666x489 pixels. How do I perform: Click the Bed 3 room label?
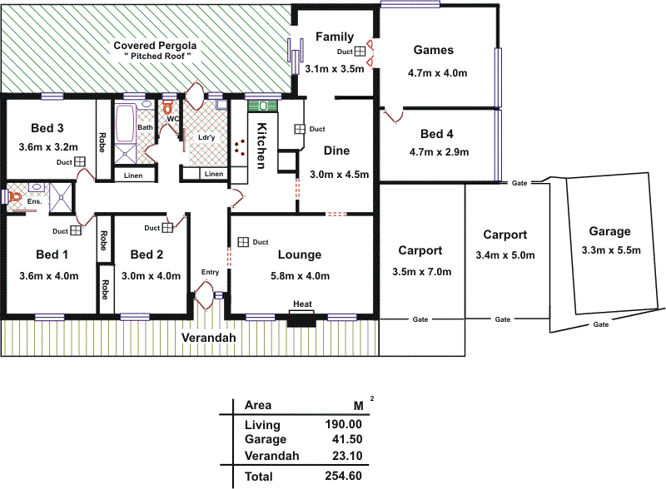(47, 128)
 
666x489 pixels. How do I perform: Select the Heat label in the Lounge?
(302, 304)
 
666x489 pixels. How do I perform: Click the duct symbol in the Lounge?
(243, 241)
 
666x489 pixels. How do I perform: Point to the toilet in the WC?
(167, 107)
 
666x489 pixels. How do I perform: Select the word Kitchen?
(261, 146)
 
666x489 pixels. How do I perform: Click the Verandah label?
(209, 338)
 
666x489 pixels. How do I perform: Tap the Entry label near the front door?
(211, 272)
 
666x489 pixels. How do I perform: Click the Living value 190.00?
(344, 425)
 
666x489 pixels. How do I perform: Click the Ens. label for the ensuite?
(34, 201)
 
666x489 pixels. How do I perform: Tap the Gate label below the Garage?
(599, 325)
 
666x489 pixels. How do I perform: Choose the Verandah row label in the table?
(272, 456)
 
